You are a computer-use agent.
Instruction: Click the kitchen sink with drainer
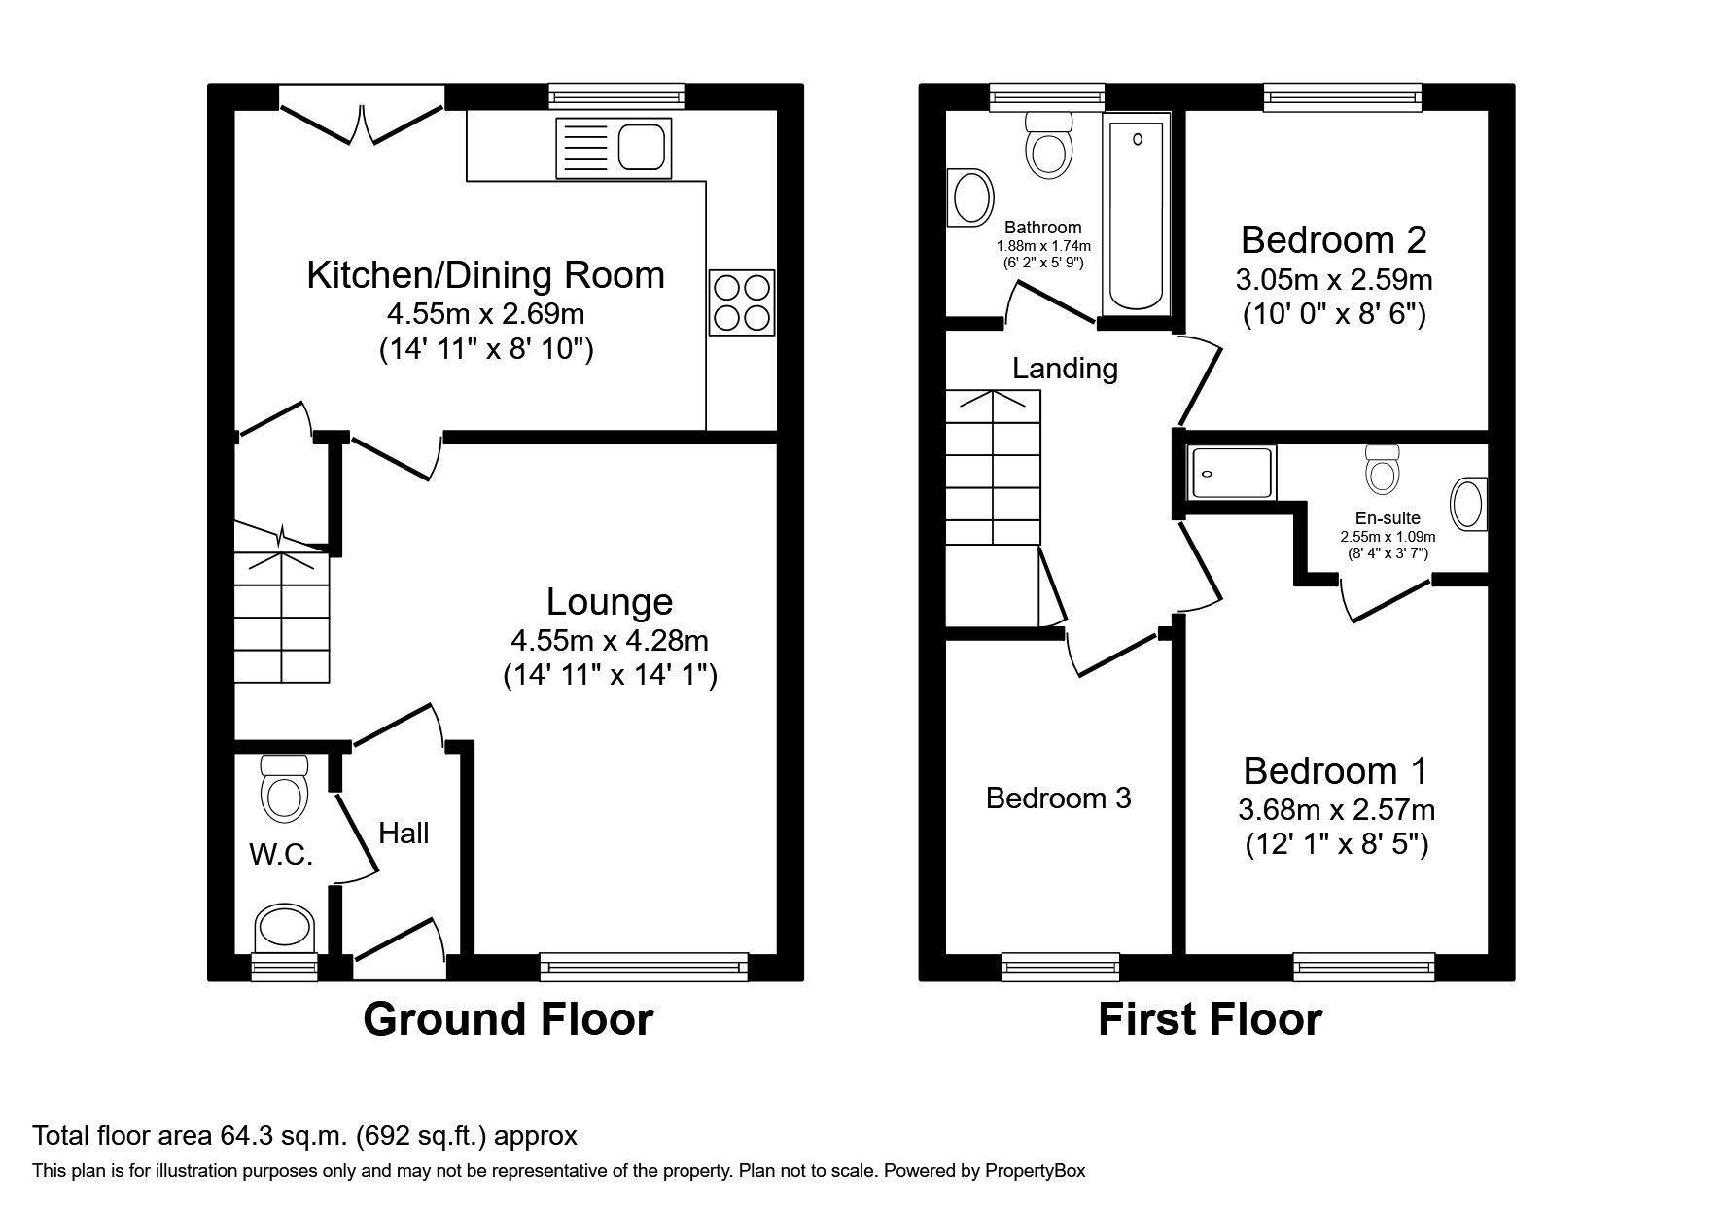pos(614,148)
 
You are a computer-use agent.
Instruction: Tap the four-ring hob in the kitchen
pos(742,302)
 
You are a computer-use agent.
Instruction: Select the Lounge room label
pos(610,602)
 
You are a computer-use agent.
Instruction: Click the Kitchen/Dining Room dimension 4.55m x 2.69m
pos(485,314)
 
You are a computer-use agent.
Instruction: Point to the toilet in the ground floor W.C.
pos(284,789)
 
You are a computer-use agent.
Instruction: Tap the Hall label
pos(404,833)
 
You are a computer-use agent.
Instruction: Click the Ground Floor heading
pos(508,1019)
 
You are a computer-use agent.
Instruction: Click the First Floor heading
pos(1210,1019)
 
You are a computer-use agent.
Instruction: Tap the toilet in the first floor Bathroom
pos(1050,144)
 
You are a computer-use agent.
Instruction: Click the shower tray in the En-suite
pos(1231,473)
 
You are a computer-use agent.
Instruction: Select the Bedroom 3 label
pos(1058,798)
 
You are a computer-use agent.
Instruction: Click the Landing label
pos(1065,369)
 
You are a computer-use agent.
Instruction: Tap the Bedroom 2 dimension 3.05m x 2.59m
pos(1334,280)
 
